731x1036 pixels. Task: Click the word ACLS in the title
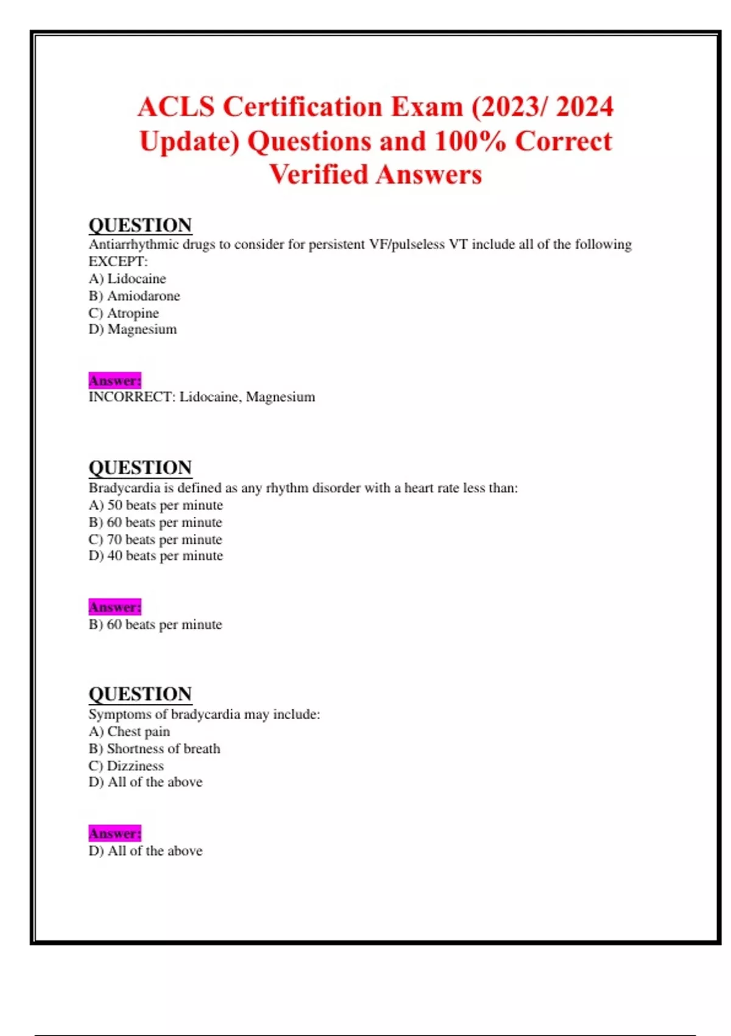(176, 107)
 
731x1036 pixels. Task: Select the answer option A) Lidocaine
(127, 279)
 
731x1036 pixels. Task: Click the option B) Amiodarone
(134, 296)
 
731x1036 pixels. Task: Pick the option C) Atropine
(124, 313)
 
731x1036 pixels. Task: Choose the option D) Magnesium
(133, 329)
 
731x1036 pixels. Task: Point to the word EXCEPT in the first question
(117, 261)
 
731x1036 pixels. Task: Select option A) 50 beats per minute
(156, 505)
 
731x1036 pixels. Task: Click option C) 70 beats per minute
(155, 539)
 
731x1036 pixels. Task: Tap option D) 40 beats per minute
(156, 556)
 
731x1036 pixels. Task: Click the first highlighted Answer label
(115, 381)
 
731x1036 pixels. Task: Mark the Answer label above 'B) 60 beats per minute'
(115, 607)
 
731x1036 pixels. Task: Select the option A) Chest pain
(129, 731)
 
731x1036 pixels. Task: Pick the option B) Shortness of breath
(154, 748)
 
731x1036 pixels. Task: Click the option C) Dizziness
(126, 765)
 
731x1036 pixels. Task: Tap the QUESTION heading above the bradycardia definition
(140, 467)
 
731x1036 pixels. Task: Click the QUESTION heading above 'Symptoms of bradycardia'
(140, 694)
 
